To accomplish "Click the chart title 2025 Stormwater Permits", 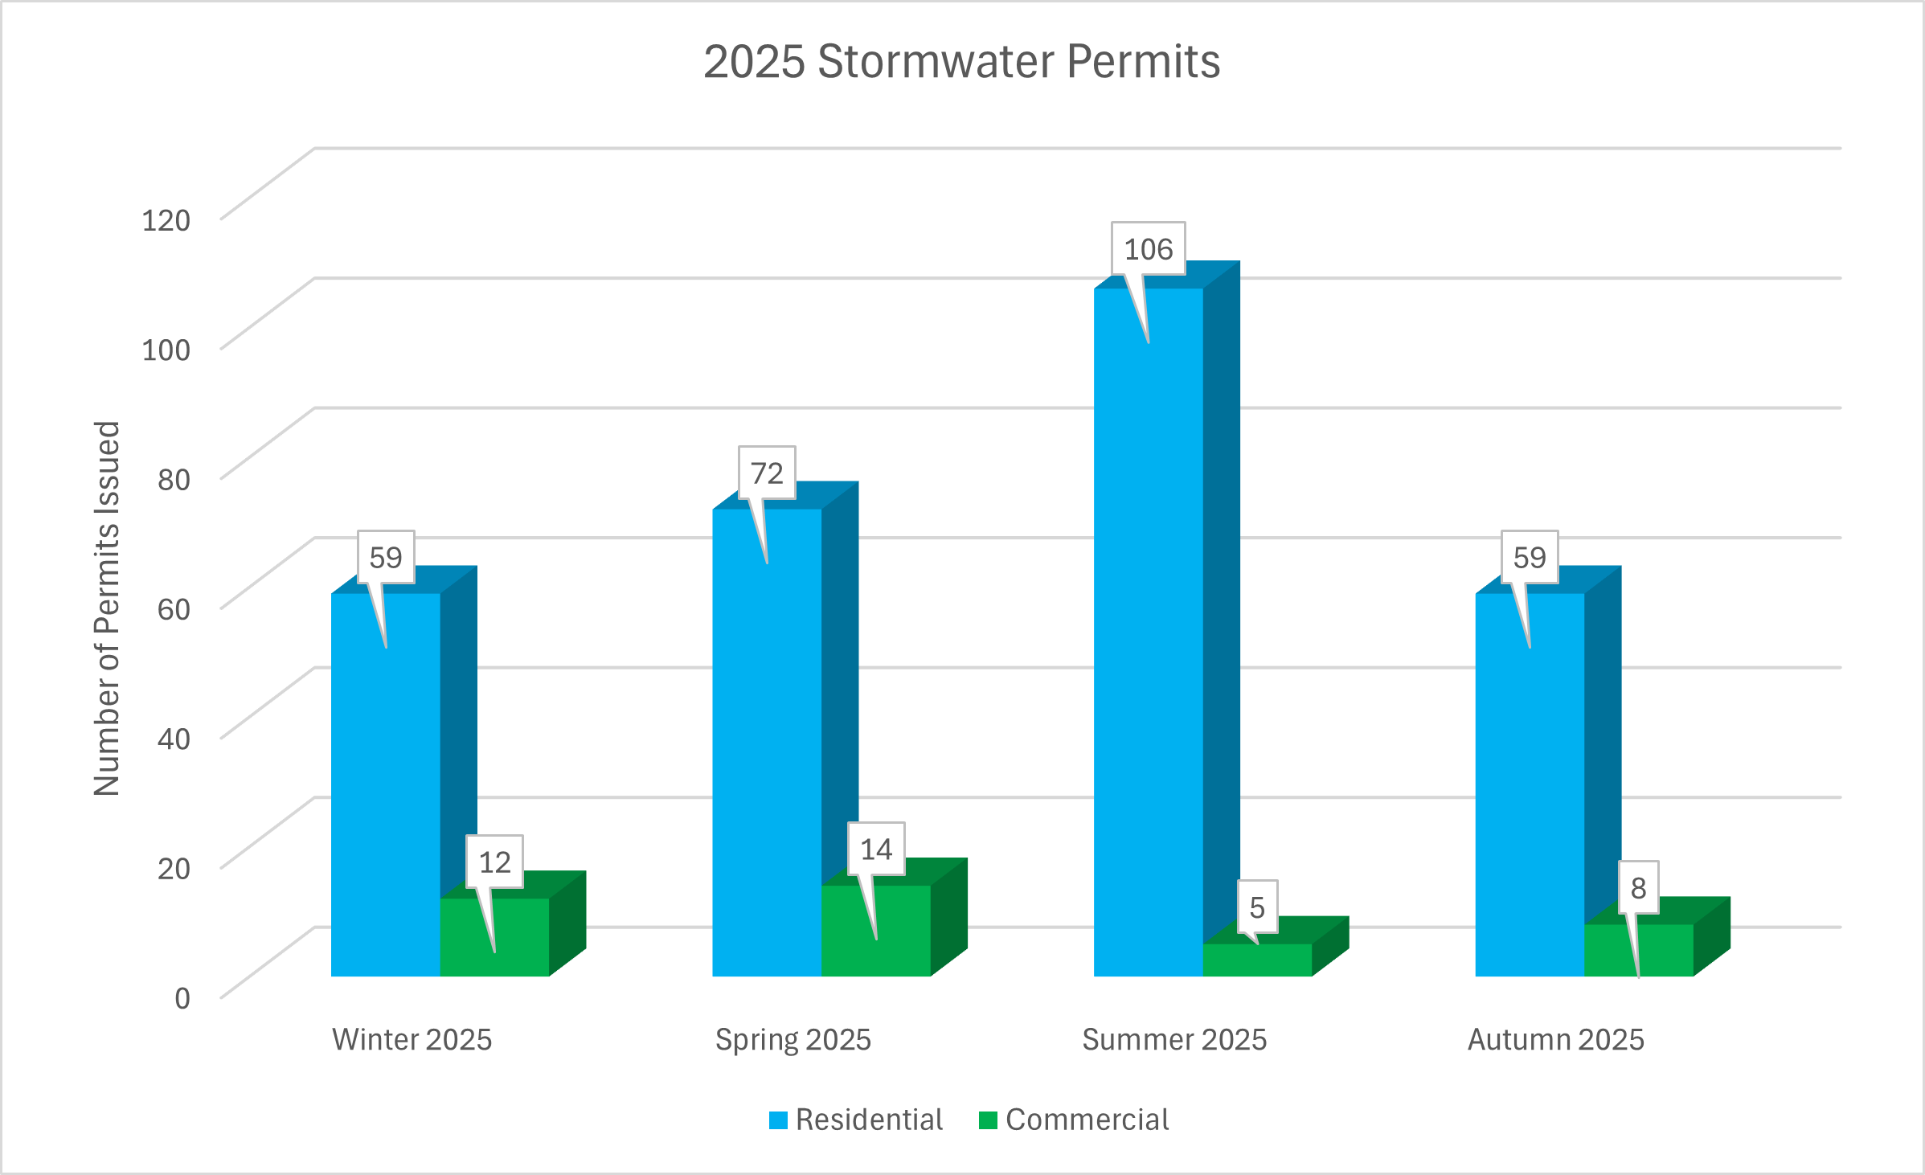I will click(x=961, y=61).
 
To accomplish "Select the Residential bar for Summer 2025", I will click(x=1148, y=643).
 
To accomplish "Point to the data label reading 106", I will click(x=1148, y=249).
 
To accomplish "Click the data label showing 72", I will click(x=767, y=473).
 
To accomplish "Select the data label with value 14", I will click(x=876, y=850).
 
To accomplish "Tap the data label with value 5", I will click(x=1257, y=907).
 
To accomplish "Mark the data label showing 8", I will click(x=1638, y=888).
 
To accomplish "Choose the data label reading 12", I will click(x=494, y=862).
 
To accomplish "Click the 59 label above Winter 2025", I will click(x=386, y=557).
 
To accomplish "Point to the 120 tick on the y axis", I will click(x=166, y=219).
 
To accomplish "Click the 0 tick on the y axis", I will click(x=182, y=997).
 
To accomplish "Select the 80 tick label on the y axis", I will click(x=174, y=479).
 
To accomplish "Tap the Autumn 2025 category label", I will click(x=1555, y=1039).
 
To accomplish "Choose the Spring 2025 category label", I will click(x=793, y=1039).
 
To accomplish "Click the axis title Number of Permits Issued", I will click(x=107, y=608).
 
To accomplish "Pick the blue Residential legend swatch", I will click(x=778, y=1120).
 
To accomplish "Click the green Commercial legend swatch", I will click(x=988, y=1120).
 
